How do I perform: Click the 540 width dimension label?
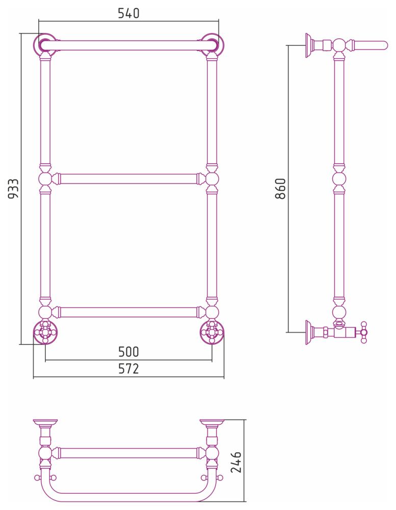pyautogui.click(x=128, y=13)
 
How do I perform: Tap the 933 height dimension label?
pyautogui.click(x=14, y=189)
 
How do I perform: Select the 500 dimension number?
pyautogui.click(x=128, y=351)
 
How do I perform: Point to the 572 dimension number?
pyautogui.click(x=128, y=369)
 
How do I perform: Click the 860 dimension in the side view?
pyautogui.click(x=280, y=189)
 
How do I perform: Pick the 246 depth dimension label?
pyautogui.click(x=235, y=462)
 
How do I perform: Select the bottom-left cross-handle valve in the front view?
pyautogui.click(x=45, y=333)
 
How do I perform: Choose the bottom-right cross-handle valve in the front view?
pyautogui.click(x=212, y=333)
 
